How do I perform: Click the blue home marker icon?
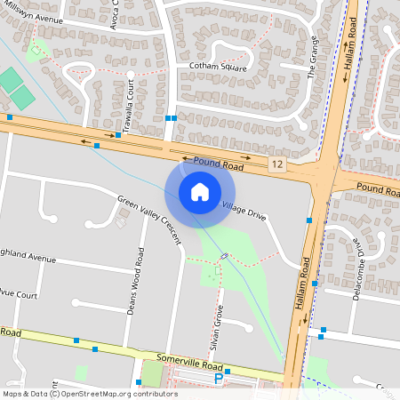(x=200, y=191)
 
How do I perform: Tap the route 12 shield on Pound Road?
(x=277, y=164)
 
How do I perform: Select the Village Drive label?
(x=244, y=210)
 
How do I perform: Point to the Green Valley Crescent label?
(x=148, y=214)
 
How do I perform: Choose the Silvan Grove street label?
(x=220, y=326)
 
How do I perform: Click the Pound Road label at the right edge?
(x=380, y=188)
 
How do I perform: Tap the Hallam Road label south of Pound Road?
(x=301, y=284)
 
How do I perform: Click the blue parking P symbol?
(x=219, y=380)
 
